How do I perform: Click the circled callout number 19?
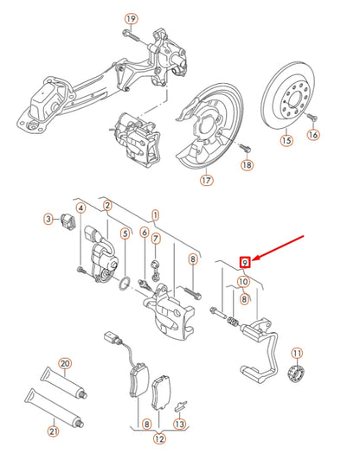pyautogui.click(x=131, y=18)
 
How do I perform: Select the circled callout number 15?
pyautogui.click(x=286, y=136)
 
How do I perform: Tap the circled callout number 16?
pyautogui.click(x=313, y=135)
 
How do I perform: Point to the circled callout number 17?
pyautogui.click(x=205, y=181)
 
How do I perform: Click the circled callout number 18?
pyautogui.click(x=247, y=164)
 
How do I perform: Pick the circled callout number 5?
pyautogui.click(x=125, y=233)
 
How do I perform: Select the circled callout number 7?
pyautogui.click(x=155, y=239)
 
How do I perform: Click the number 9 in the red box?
pyautogui.click(x=245, y=261)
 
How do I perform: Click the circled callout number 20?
pyautogui.click(x=65, y=363)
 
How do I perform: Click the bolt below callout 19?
pyautogui.click(x=130, y=36)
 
